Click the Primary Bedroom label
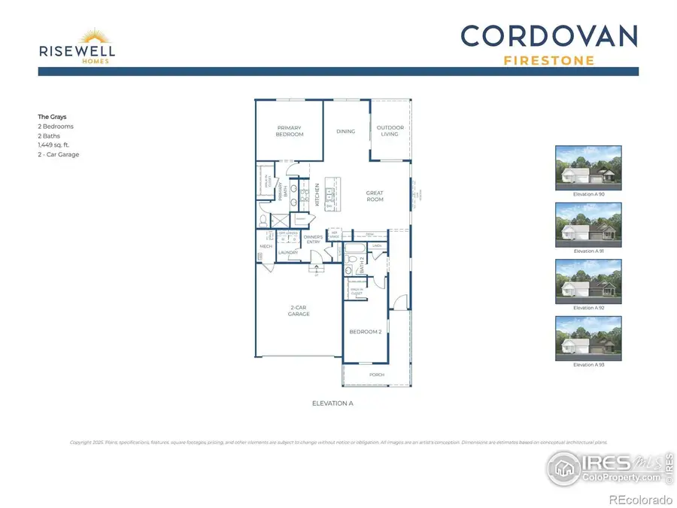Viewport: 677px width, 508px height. click(x=290, y=131)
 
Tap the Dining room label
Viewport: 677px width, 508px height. click(x=345, y=132)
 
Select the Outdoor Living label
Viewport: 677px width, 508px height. click(x=390, y=131)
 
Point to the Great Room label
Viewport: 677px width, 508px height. click(x=375, y=196)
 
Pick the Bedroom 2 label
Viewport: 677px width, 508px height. click(x=366, y=331)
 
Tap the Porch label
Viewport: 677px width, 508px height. click(x=376, y=374)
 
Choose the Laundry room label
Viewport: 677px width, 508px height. click(x=289, y=252)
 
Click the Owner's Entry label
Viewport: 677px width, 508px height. click(x=314, y=240)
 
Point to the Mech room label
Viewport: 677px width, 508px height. click(x=266, y=246)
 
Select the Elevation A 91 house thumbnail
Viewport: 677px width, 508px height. click(x=588, y=223)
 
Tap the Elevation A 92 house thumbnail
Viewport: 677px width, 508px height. click(x=588, y=280)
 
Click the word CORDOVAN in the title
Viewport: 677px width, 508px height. click(x=549, y=35)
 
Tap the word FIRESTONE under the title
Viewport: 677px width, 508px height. click(x=548, y=60)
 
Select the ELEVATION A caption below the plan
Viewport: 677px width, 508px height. click(x=332, y=403)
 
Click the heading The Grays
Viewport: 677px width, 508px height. click(x=52, y=117)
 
